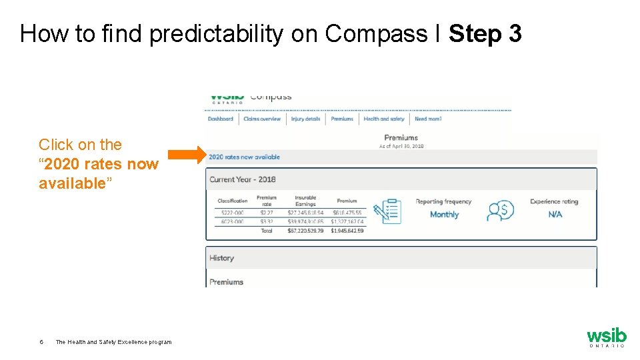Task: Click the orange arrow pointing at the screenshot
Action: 187,155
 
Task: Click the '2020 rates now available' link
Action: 244,157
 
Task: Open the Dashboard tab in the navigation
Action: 221,119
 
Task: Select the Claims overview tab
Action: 262,119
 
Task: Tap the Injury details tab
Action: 305,119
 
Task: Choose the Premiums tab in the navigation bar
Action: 342,119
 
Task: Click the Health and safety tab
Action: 384,119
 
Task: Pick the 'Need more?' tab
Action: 428,119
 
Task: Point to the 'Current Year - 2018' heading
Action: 243,179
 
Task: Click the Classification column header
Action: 233,201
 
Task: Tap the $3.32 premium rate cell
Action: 267,221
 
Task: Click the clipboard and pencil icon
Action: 387,211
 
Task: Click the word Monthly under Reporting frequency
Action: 444,215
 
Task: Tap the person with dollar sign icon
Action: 500,211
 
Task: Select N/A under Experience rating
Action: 555,215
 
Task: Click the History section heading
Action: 222,258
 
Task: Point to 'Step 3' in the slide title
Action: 485,33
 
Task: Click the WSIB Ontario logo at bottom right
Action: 606,337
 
